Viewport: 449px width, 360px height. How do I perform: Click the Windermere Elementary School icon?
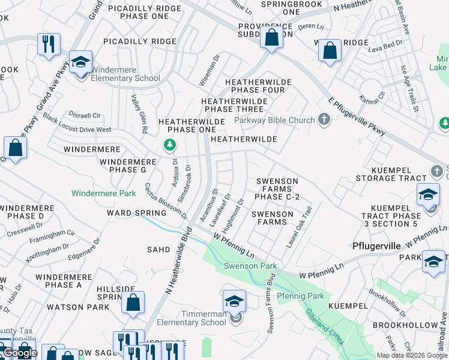80,62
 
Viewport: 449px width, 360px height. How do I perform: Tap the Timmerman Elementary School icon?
234,302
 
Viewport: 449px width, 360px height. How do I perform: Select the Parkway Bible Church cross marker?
324,119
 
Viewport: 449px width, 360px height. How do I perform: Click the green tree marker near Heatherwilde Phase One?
170,145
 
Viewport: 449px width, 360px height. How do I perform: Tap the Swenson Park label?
250,266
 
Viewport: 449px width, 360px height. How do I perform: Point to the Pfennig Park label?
300,296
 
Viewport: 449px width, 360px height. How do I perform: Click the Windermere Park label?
103,193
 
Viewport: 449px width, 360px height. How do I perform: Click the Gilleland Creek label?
324,326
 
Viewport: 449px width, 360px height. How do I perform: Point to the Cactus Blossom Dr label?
166,201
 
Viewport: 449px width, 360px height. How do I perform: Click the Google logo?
20,353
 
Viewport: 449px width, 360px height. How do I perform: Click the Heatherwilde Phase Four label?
258,86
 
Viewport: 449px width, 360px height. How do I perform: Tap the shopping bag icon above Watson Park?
133,303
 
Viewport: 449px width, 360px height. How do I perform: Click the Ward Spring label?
136,213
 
